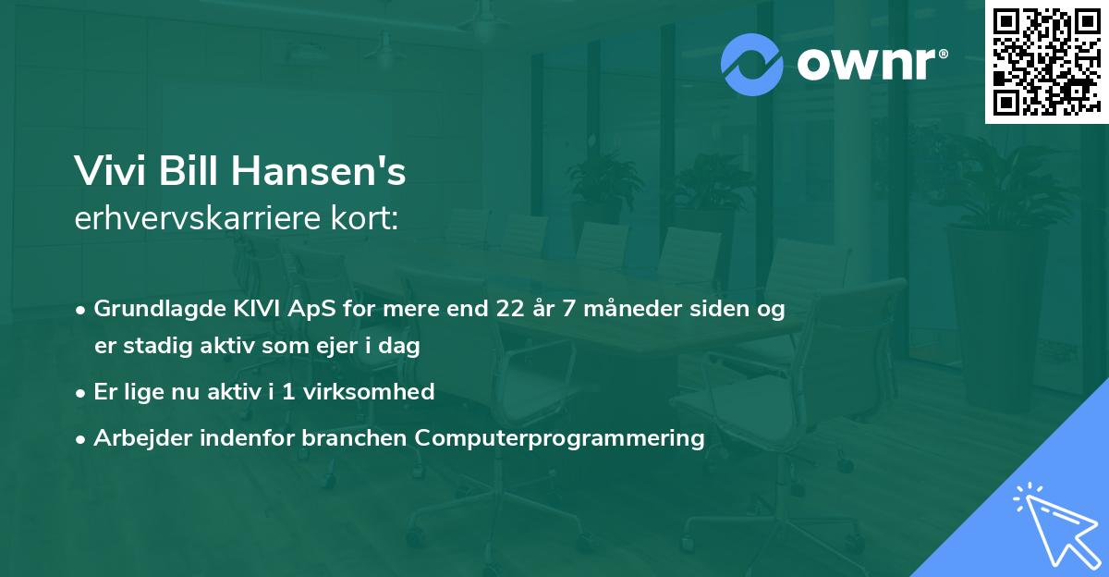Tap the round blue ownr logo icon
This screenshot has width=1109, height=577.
[x=752, y=65]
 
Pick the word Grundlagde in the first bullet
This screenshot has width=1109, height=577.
[x=148, y=309]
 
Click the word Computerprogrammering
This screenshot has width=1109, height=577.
[x=560, y=438]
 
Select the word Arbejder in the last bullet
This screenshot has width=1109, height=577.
[x=137, y=438]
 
